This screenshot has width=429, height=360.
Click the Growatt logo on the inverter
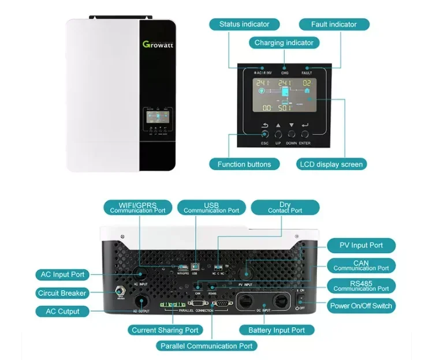point(157,44)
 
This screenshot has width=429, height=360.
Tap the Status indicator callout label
point(244,24)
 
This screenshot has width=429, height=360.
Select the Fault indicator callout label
point(334,24)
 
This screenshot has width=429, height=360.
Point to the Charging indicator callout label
point(284,43)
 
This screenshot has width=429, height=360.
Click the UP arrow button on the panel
point(278,133)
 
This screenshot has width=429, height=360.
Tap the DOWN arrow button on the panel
point(292,133)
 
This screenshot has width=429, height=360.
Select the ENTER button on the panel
point(305,133)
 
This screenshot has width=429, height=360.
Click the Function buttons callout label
point(244,164)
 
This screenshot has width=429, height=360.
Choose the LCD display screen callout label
point(331,164)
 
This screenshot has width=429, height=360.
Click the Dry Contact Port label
point(285,208)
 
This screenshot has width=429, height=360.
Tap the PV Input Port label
point(363,245)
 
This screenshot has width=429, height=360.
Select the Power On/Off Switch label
point(361,306)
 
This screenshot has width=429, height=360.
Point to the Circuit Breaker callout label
point(62,293)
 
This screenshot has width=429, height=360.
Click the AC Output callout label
point(62,312)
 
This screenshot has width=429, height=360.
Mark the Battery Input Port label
point(277,330)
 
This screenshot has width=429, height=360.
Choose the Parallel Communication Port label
point(206,346)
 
